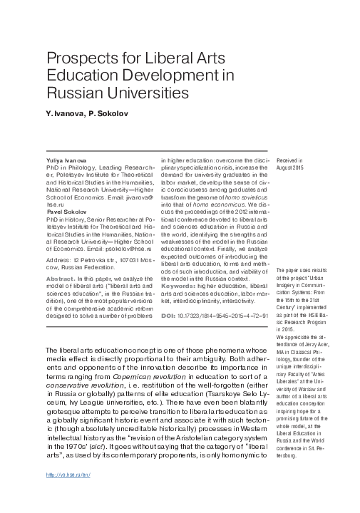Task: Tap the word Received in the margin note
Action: (289, 162)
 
